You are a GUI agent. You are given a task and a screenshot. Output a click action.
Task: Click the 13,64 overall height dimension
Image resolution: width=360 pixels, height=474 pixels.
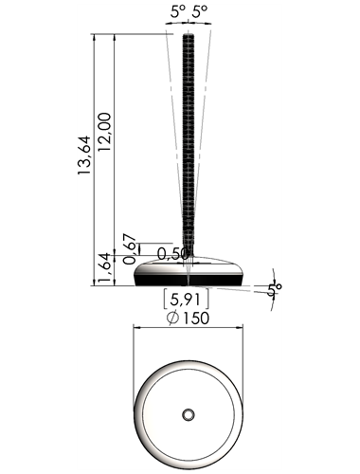click(x=84, y=155)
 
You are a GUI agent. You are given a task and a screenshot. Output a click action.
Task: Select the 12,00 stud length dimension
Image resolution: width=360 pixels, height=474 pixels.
click(x=105, y=132)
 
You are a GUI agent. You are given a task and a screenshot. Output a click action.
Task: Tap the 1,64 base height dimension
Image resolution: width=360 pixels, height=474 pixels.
click(x=105, y=268)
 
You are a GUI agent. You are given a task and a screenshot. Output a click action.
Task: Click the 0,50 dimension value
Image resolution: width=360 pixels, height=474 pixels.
click(x=172, y=253)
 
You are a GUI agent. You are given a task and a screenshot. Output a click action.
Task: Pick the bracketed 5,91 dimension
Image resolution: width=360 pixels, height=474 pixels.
click(x=186, y=300)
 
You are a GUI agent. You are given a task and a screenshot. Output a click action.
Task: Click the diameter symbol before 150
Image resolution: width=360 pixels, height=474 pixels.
click(x=172, y=319)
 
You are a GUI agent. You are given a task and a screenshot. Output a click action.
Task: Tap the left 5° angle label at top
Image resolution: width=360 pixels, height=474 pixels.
click(x=178, y=12)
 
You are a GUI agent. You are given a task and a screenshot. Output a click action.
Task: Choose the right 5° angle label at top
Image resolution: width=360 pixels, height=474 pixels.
click(x=200, y=12)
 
